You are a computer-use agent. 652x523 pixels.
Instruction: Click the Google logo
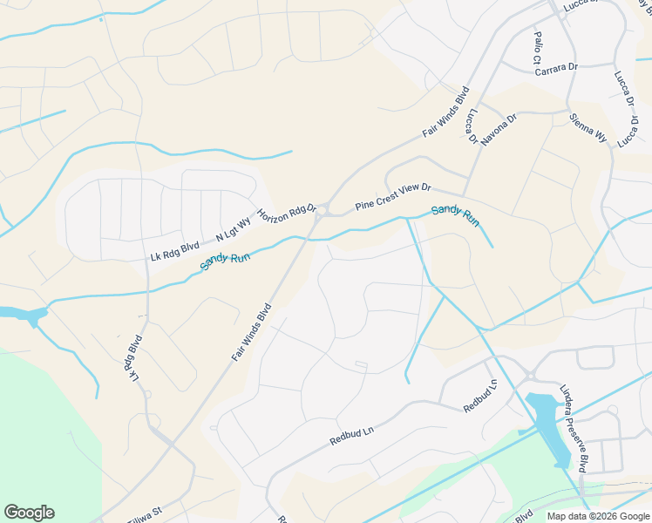(29, 513)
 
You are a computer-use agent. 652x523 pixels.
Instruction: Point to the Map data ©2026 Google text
(598, 516)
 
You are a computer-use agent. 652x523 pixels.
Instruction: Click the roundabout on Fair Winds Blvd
(323, 210)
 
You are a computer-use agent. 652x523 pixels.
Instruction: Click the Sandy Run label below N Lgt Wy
(225, 257)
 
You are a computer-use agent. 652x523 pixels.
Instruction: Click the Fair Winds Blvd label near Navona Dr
(446, 111)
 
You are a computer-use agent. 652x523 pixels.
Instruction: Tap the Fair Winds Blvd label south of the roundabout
(253, 331)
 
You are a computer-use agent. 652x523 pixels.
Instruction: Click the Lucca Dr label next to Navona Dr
(472, 126)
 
